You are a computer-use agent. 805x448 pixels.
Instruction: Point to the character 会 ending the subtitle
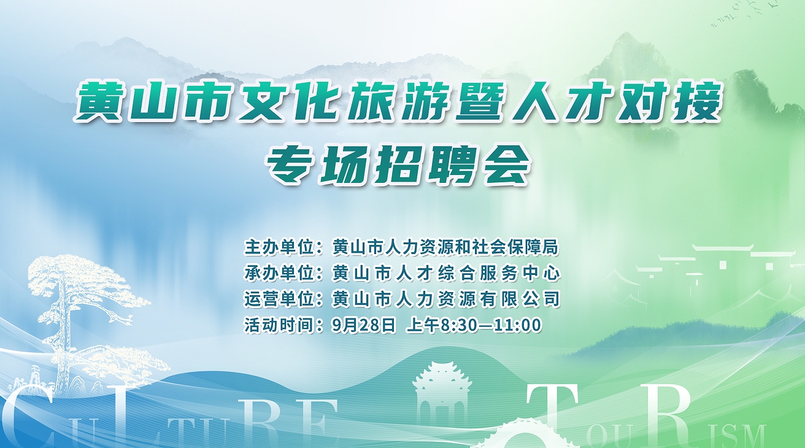[506, 165]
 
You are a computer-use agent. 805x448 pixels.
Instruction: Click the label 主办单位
[280, 247]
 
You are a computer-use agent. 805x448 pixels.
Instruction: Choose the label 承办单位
[280, 273]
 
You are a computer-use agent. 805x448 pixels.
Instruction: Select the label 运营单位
[280, 299]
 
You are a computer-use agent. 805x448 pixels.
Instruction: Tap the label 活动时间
[280, 325]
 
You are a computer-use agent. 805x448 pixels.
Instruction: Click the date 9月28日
[363, 325]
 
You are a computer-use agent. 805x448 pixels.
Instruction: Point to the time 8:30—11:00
[491, 325]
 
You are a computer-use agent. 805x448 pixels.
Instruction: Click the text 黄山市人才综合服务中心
[446, 273]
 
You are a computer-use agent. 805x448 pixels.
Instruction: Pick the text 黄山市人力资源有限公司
[446, 299]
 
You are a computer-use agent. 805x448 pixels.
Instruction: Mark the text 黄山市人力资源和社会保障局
[445, 247]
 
